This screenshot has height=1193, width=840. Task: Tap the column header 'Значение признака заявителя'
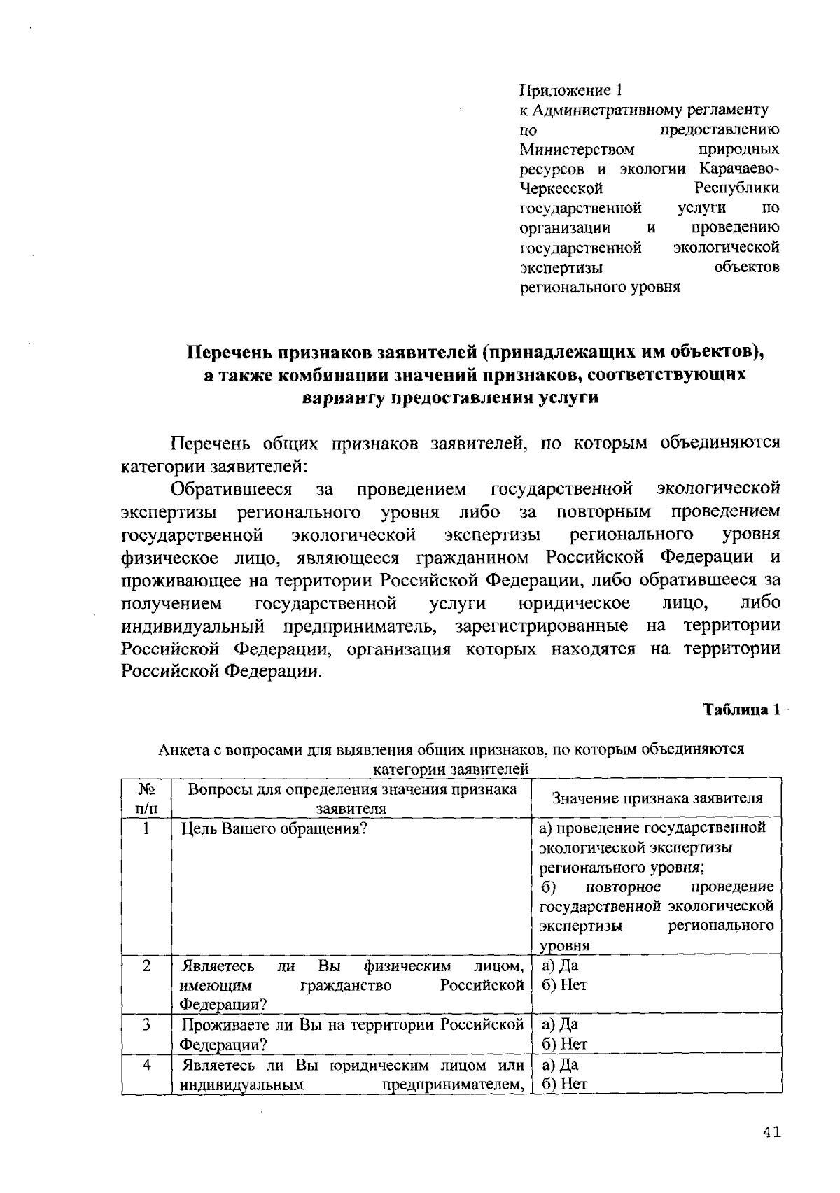click(x=657, y=798)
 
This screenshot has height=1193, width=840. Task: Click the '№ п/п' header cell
click(x=146, y=798)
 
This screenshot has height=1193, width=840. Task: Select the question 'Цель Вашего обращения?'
click(x=274, y=829)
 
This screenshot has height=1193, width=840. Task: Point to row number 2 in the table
click(x=146, y=966)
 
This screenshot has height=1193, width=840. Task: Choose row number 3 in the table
click(x=146, y=1025)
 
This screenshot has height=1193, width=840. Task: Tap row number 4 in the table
click(x=146, y=1065)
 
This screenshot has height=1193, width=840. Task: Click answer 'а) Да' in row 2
click(x=559, y=966)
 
